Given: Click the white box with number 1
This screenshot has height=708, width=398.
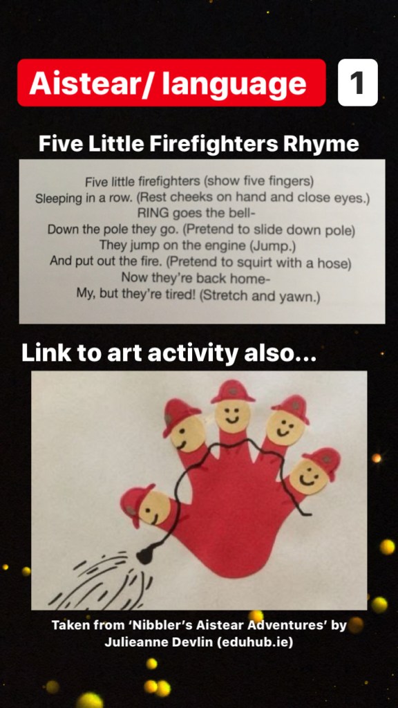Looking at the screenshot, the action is [357, 83].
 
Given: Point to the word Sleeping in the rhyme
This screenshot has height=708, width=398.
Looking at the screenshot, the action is [55, 198].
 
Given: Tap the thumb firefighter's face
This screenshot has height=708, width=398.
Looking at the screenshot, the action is [154, 507].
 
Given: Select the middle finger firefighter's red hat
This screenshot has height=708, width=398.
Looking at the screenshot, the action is [232, 391].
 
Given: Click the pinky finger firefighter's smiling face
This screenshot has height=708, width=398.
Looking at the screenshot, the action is [309, 477].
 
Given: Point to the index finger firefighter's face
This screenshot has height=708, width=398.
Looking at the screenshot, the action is [188, 434].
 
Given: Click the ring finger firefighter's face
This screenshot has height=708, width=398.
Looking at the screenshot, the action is [283, 427].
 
